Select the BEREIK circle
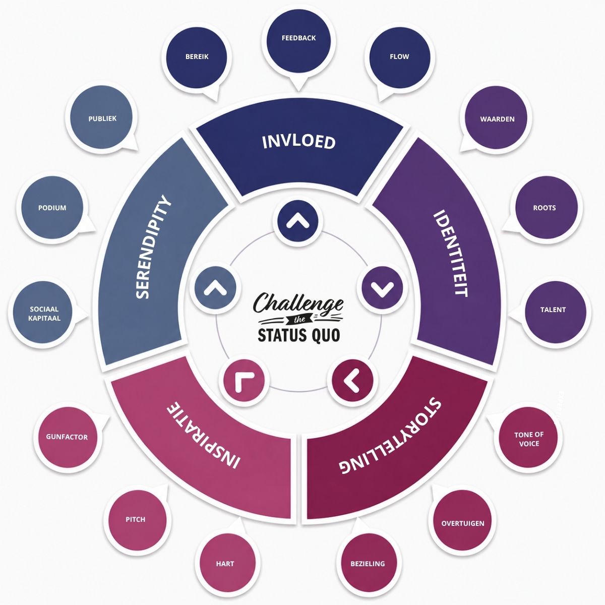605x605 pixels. [197, 57]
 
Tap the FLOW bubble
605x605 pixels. [399, 57]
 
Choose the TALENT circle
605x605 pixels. [554, 311]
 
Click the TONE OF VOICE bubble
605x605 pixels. [529, 439]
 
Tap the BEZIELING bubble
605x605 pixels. [368, 563]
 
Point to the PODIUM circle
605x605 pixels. [52, 208]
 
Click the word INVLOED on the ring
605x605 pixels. [299, 142]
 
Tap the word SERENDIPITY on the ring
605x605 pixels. [153, 247]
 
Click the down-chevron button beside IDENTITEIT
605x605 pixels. [382, 288]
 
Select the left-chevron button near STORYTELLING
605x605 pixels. [352, 381]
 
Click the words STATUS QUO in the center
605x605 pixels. [299, 335]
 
